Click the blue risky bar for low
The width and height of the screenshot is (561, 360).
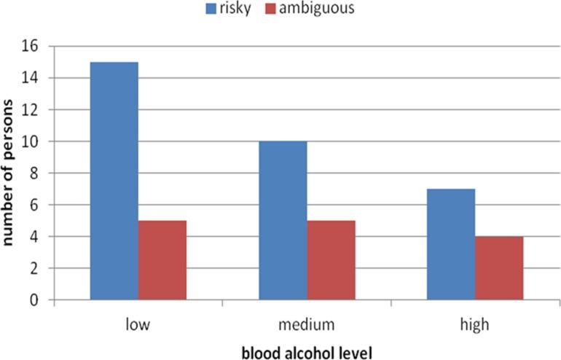coord(114,181)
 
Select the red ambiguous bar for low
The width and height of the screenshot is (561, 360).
coord(162,260)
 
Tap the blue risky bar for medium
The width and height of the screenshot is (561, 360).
coord(283,220)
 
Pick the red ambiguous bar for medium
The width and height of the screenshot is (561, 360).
coord(331,260)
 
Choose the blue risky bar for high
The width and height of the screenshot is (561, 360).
coord(451,244)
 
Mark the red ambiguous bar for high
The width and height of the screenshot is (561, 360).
coord(499,268)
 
